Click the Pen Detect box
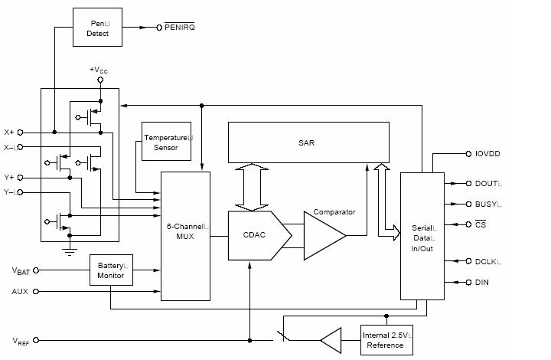pyautogui.click(x=97, y=28)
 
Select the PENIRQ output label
pyautogui.click(x=180, y=28)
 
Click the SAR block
pyautogui.click(x=306, y=142)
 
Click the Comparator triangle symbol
pyautogui.click(x=324, y=236)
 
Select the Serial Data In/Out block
pyautogui.click(x=422, y=234)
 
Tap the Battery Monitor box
pyautogui.click(x=111, y=270)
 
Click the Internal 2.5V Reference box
pyautogui.click(x=386, y=340)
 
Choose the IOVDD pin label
pyautogui.click(x=487, y=154)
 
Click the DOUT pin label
pyautogui.click(x=487, y=184)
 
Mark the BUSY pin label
pyautogui.click(x=487, y=205)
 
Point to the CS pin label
pyautogui.click(x=481, y=224)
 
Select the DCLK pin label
pyautogui.click(x=487, y=261)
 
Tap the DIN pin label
pyautogui.click(x=482, y=283)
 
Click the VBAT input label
pyautogui.click(x=21, y=270)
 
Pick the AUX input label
pyautogui.click(x=20, y=292)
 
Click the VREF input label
pyautogui.click(x=21, y=340)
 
